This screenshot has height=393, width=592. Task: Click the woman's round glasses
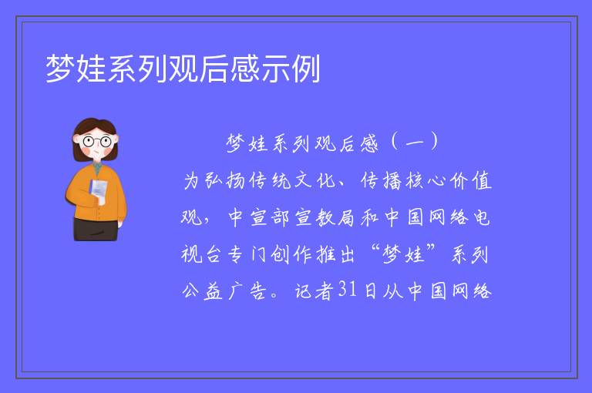(96, 142)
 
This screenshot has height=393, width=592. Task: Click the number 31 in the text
(348, 290)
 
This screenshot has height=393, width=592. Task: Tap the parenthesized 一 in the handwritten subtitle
(415, 143)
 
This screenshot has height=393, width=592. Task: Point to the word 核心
(425, 180)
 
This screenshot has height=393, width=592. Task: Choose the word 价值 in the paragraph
(470, 180)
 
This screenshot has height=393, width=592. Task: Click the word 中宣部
(259, 218)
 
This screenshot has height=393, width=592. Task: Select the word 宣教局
(325, 218)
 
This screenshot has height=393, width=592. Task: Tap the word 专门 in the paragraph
(247, 254)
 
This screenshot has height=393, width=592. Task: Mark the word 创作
(291, 254)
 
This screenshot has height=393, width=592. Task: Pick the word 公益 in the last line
(202, 291)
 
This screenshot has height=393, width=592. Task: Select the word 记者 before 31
(314, 291)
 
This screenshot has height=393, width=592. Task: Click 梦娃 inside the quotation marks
(403, 254)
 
